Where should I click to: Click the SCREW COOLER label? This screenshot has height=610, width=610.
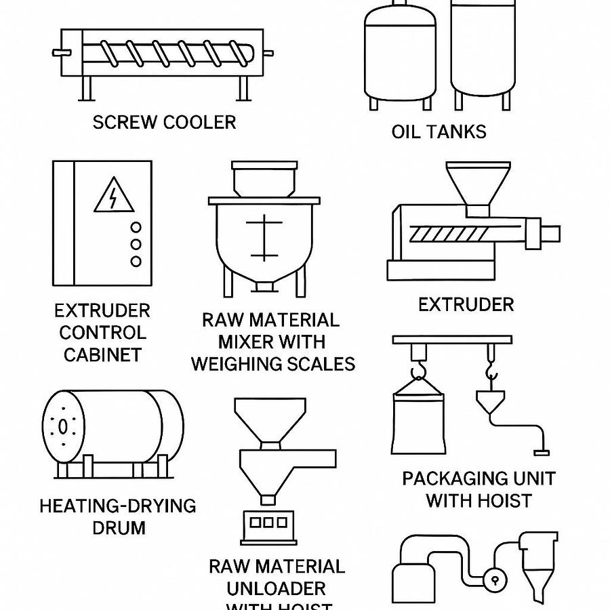tap(164, 123)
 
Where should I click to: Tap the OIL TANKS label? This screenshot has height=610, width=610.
tap(439, 131)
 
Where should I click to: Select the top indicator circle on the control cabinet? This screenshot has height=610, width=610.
tap(136, 228)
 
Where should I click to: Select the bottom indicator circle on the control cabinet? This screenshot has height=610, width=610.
tap(136, 261)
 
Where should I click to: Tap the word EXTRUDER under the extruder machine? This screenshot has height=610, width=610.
tap(466, 305)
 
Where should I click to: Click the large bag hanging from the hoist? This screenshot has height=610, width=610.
tap(418, 420)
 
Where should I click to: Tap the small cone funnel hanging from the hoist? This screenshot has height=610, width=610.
tap(490, 403)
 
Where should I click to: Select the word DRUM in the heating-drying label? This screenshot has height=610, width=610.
tap(119, 527)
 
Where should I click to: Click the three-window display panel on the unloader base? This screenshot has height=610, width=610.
tap(268, 523)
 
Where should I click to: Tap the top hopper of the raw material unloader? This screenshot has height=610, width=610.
tap(270, 420)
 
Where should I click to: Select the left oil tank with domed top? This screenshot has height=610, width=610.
tap(399, 54)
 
